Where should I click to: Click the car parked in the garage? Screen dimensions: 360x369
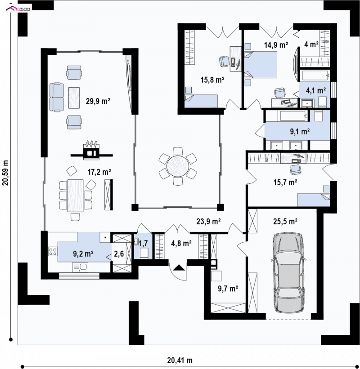point(288,273)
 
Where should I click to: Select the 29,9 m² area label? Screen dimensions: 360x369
point(98,101)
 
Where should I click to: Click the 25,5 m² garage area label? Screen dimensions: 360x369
point(285,221)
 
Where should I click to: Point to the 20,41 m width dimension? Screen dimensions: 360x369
point(180,360)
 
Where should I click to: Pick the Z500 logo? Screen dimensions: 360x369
point(18,9)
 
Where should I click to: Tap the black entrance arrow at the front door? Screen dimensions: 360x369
point(179,267)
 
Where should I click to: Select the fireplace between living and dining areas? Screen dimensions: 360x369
point(92,151)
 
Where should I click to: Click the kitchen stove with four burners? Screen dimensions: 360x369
point(53,251)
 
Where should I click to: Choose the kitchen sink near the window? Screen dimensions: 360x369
point(80,267)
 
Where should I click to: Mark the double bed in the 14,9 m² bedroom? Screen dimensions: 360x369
point(261,65)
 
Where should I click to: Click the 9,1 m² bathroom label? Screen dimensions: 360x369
point(300,131)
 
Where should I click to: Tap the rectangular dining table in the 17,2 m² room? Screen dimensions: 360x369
point(76,196)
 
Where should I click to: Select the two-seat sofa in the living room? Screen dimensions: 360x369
point(57,97)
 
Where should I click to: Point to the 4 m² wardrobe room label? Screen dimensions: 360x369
point(311,44)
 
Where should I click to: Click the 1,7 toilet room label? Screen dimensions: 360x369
point(143,243)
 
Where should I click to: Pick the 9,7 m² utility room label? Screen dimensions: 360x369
point(228,288)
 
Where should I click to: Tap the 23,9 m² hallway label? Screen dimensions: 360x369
point(208,221)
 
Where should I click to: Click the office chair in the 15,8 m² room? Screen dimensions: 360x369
point(224,62)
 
